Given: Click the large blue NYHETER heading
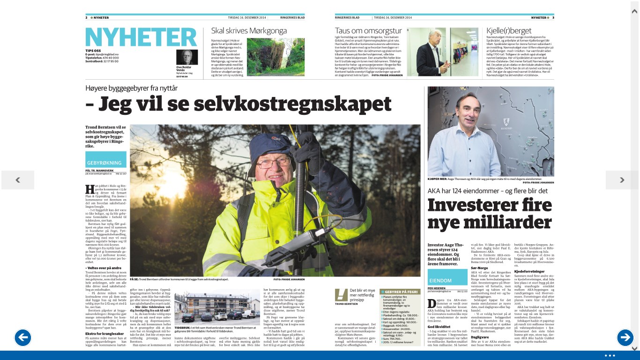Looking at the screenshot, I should [x=141, y=37].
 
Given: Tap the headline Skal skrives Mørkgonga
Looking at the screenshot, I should [x=249, y=31].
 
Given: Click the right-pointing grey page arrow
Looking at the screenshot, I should [x=622, y=180].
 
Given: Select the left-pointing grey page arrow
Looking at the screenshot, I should [x=18, y=180].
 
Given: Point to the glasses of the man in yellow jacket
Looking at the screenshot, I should [x=273, y=161].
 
